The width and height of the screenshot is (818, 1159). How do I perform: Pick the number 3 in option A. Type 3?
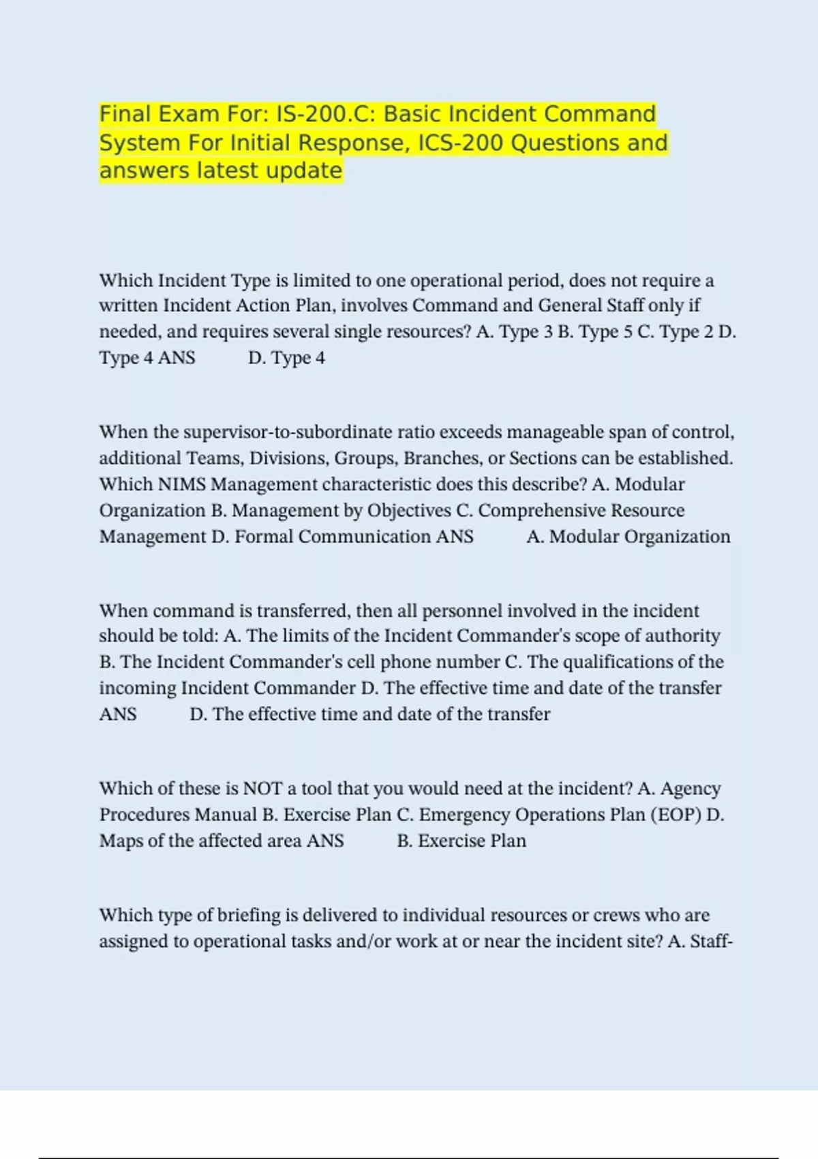pyautogui.click(x=548, y=332)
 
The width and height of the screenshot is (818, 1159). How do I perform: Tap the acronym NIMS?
pyautogui.click(x=182, y=485)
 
